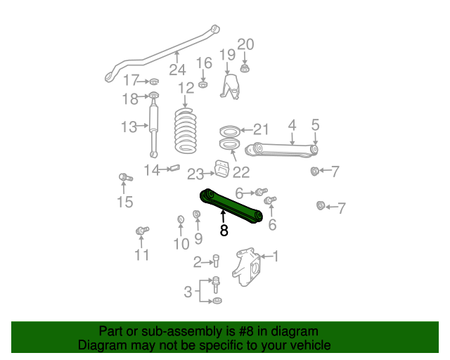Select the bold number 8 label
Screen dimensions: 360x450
pyautogui.click(x=224, y=230)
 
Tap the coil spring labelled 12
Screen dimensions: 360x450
pyautogui.click(x=187, y=132)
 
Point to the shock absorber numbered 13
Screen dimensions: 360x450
pyautogui.click(x=153, y=128)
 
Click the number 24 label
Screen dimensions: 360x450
pyautogui.click(x=177, y=70)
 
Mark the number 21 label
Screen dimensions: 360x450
pyautogui.click(x=261, y=129)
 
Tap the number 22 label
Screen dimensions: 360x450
pyautogui.click(x=241, y=172)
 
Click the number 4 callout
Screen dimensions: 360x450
pyautogui.click(x=292, y=125)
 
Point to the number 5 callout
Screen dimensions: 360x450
pyautogui.click(x=315, y=125)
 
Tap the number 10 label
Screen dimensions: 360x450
pyautogui.click(x=181, y=244)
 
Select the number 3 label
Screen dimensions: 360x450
pyautogui.click(x=188, y=292)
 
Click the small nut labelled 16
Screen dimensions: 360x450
pyautogui.click(x=202, y=84)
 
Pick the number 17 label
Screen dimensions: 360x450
pyautogui.click(x=131, y=80)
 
